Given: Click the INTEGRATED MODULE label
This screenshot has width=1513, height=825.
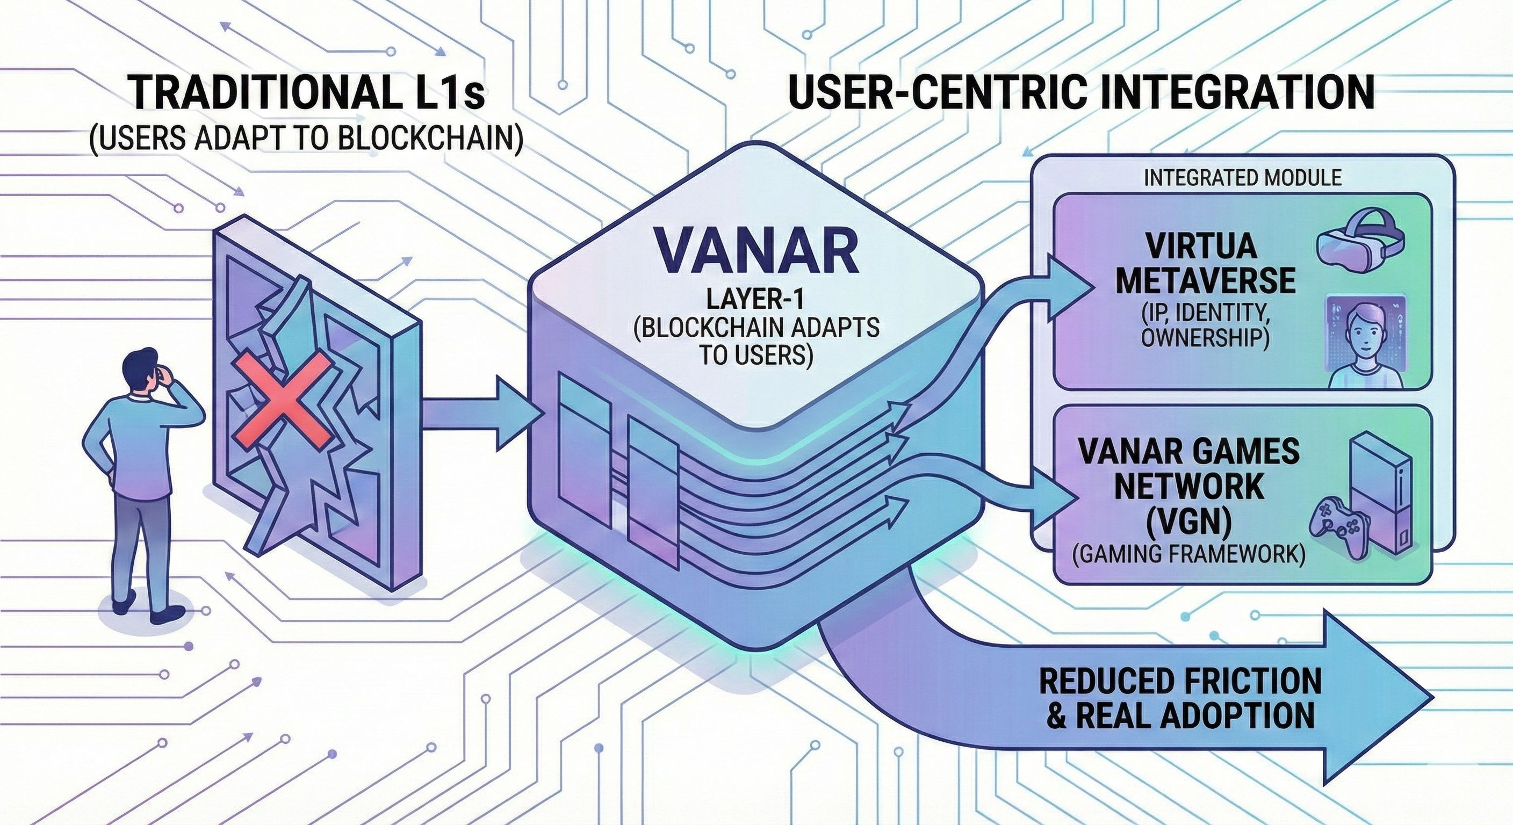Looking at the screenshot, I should pos(1242,178).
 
